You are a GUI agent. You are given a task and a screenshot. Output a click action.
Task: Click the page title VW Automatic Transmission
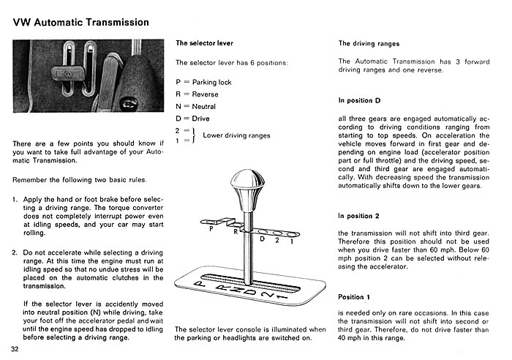tap(81, 22)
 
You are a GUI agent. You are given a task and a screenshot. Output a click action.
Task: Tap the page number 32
tap(15, 349)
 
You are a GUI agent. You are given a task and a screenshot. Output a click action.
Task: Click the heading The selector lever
tap(204, 43)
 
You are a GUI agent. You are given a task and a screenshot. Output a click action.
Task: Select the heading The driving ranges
tap(369, 44)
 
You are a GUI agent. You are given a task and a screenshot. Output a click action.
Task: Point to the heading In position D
tap(359, 101)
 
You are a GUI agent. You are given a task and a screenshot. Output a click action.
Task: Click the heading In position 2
tap(358, 216)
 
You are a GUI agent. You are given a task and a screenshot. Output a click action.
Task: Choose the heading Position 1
tap(354, 297)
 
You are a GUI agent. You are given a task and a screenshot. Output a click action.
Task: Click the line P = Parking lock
tap(203, 83)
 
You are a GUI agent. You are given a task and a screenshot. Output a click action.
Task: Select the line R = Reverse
tap(197, 94)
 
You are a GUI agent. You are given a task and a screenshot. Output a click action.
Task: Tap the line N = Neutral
tap(195, 107)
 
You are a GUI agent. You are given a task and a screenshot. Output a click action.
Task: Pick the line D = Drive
tap(192, 119)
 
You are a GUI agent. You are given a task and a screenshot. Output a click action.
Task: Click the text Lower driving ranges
tap(236, 135)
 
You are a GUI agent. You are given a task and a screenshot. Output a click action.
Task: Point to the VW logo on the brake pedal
tap(68, 75)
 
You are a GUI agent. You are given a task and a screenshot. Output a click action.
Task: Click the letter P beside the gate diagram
tap(211, 229)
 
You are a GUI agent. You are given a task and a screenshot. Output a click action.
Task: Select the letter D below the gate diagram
tap(262, 239)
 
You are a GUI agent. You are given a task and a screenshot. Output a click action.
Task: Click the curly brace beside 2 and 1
tap(194, 135)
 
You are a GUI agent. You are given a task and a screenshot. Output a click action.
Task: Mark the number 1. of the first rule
tap(15, 199)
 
